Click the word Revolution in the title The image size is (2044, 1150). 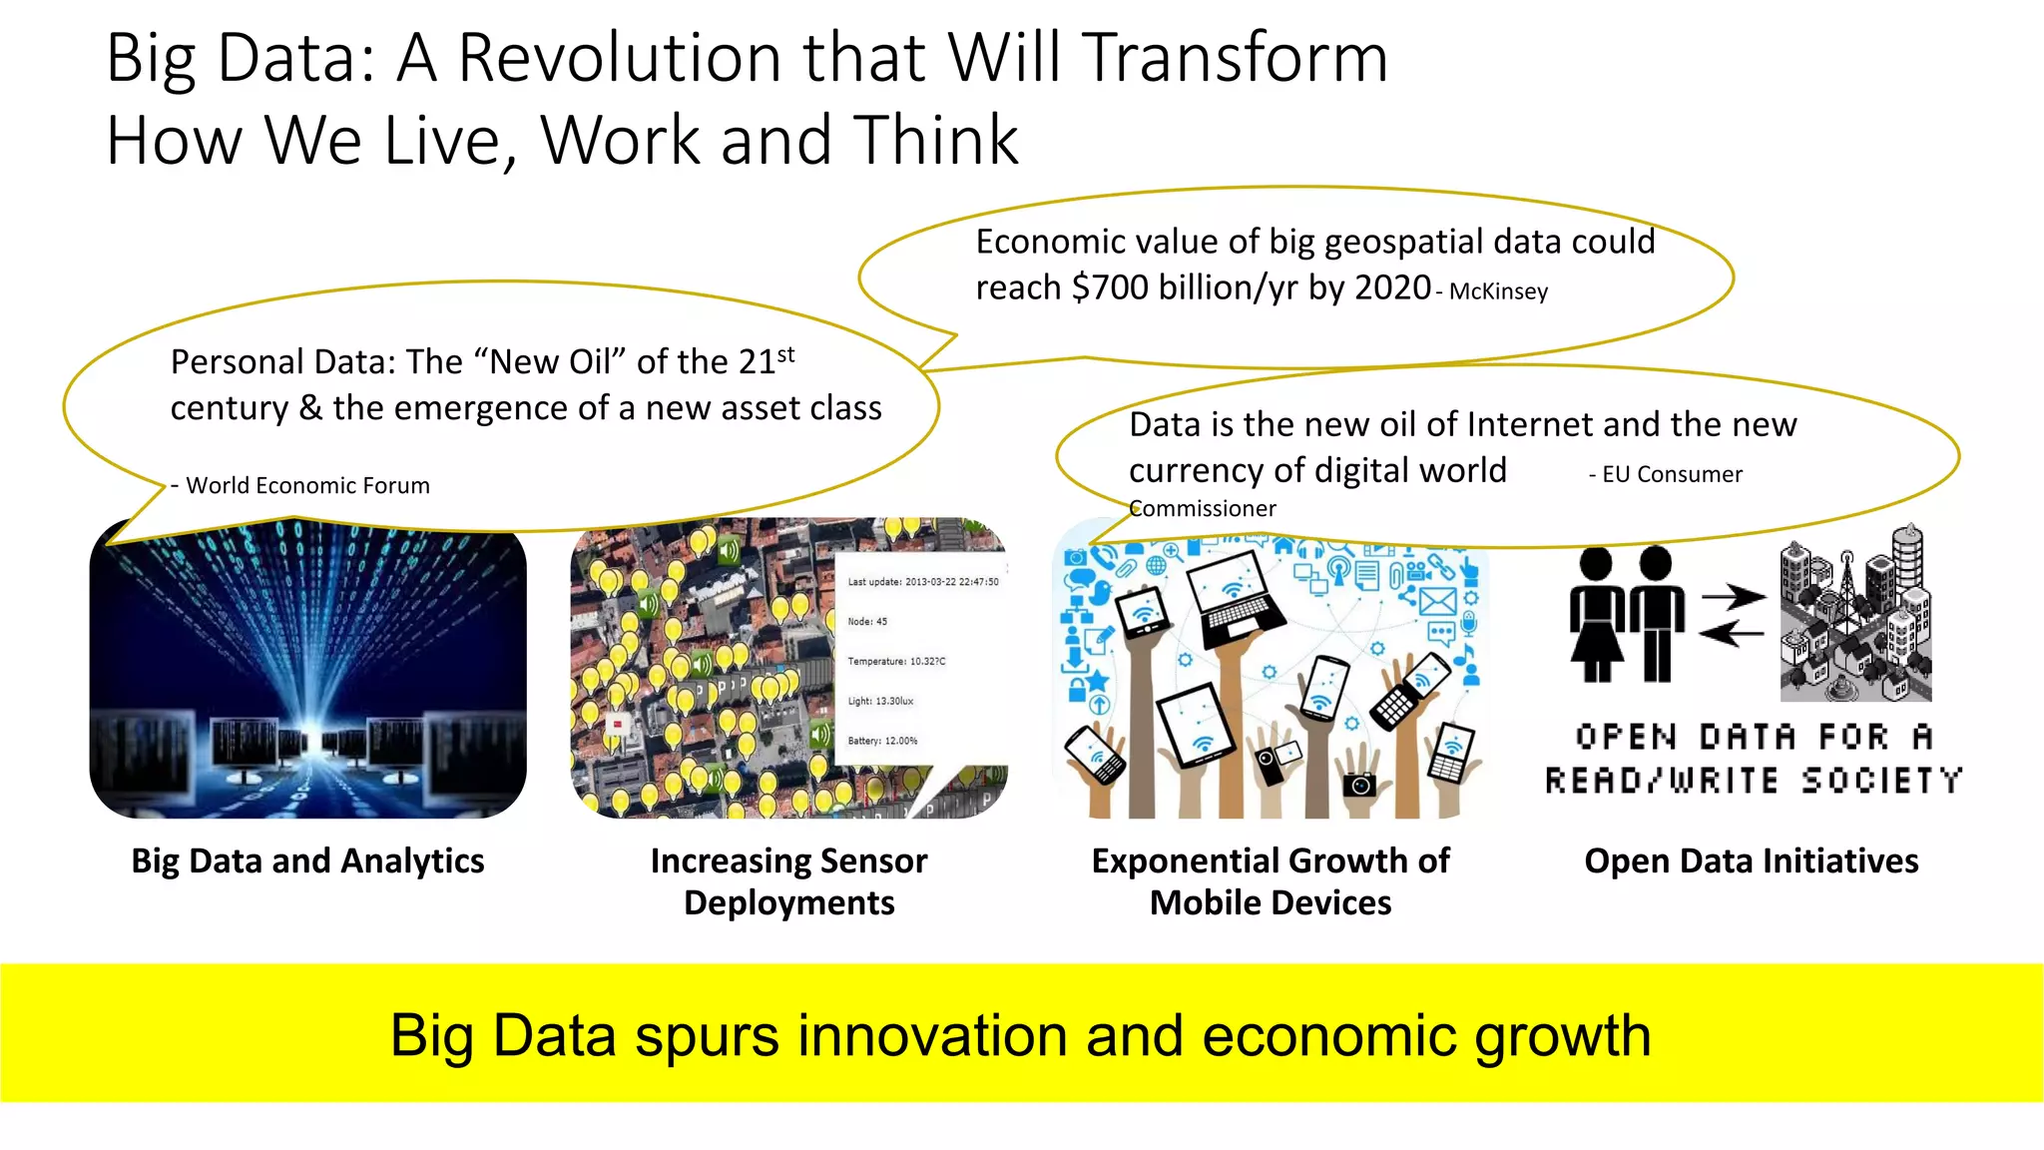[622, 58]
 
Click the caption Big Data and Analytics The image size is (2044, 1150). [307, 861]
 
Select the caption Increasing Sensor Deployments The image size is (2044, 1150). [788, 881]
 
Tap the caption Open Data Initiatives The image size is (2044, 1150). [1751, 861]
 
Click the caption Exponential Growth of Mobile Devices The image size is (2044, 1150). [1270, 881]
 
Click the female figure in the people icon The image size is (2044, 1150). [1596, 615]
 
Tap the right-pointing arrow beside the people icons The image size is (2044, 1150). [1733, 597]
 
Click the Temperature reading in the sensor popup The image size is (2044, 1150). [896, 661]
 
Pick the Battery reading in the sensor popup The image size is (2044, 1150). [882, 741]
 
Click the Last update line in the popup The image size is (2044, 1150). [922, 581]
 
